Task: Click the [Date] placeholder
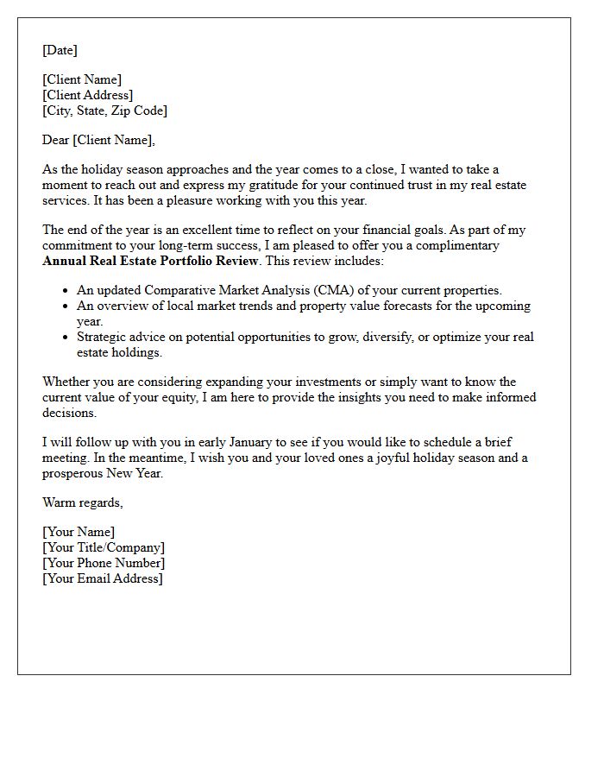coord(60,50)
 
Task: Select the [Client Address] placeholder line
coord(87,95)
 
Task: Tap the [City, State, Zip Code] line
coord(104,111)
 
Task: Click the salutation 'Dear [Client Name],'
coord(98,140)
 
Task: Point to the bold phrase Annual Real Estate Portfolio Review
coord(151,261)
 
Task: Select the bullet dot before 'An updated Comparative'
coord(67,291)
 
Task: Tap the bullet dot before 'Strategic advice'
coord(67,338)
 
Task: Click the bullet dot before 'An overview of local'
coord(67,306)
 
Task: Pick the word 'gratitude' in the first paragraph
coord(311,185)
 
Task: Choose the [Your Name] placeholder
coord(79,532)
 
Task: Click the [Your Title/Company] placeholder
coord(104,547)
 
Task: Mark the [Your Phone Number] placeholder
coord(104,563)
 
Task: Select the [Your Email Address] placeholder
coord(102,578)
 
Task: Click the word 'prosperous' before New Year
coord(72,473)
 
